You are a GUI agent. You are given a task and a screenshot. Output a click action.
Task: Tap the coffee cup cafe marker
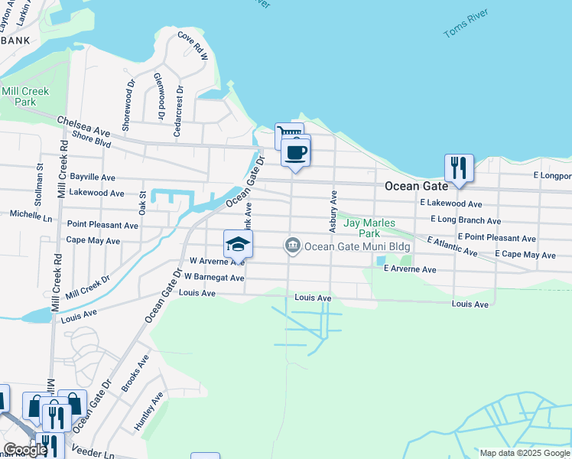295,152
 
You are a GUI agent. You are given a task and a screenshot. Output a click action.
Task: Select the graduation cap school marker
238,244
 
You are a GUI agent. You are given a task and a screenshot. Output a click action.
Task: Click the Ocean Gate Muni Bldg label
357,246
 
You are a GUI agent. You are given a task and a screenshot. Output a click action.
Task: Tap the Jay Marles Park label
369,228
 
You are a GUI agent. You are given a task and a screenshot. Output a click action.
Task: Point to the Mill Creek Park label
25,96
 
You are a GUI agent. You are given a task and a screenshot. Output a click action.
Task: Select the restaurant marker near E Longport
459,168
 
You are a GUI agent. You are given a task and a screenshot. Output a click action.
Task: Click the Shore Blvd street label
92,138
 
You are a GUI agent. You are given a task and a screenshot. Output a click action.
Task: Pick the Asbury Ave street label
333,212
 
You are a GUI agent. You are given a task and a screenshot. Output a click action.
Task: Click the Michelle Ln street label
31,215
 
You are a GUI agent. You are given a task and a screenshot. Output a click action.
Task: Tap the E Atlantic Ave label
453,246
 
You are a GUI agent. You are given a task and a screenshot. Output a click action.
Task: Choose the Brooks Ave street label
135,373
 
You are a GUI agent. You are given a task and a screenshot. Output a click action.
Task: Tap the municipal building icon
291,246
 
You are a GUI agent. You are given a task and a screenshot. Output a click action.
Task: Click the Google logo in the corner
26,450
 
